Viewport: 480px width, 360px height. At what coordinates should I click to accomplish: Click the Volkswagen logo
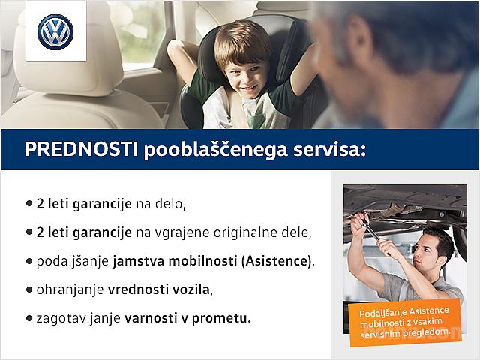pyautogui.click(x=55, y=32)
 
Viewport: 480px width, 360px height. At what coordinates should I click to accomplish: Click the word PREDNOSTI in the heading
pyautogui.click(x=82, y=149)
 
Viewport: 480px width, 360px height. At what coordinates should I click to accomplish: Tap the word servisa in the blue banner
pyautogui.click(x=329, y=150)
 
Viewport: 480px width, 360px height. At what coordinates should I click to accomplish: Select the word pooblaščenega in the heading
pyautogui.click(x=216, y=150)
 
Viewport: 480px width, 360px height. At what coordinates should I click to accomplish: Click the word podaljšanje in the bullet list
pyautogui.click(x=73, y=262)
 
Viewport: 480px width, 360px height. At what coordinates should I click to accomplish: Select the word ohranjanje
pyautogui.click(x=70, y=290)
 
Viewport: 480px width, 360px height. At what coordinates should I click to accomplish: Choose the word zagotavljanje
pyautogui.click(x=78, y=319)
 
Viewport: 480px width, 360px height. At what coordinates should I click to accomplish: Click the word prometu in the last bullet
pyautogui.click(x=221, y=319)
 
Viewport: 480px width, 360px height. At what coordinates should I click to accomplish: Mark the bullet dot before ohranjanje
pyautogui.click(x=29, y=289)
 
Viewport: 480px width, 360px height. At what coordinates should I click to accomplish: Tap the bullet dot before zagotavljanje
pyautogui.click(x=29, y=318)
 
